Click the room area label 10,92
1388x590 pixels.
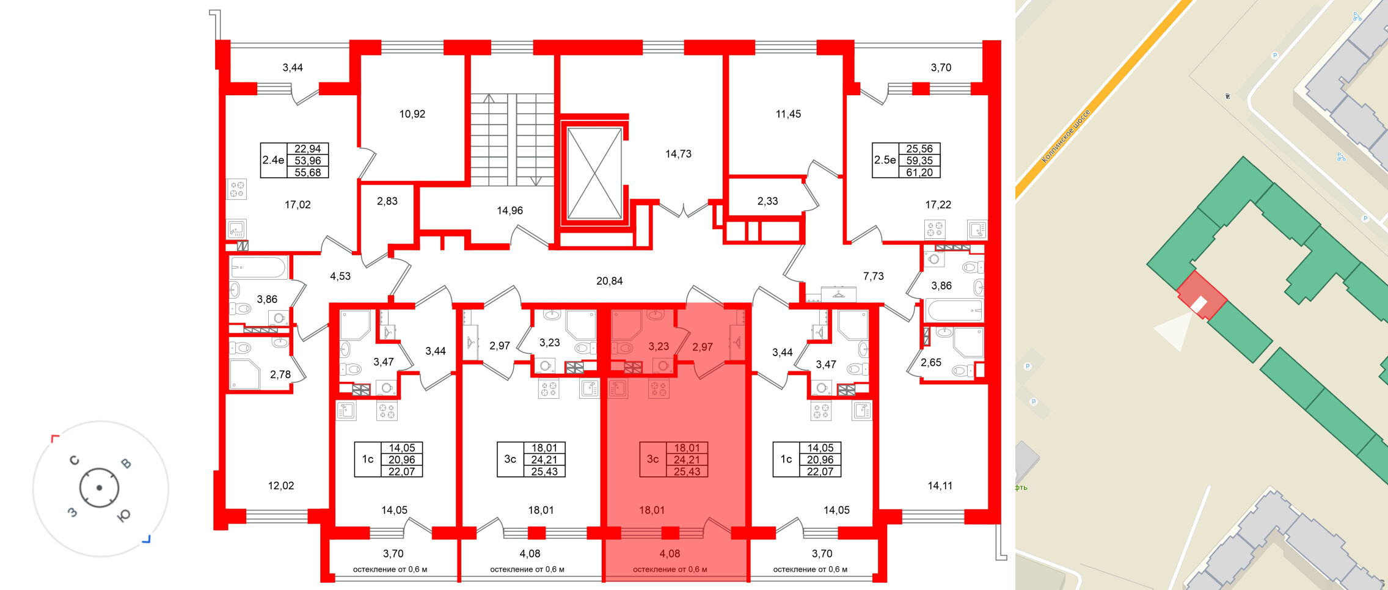[412, 114]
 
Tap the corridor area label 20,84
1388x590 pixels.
[609, 281]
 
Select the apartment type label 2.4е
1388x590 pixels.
[273, 160]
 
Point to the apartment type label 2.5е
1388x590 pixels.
[885, 160]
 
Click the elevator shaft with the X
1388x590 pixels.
[594, 173]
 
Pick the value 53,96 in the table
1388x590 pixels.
[307, 161]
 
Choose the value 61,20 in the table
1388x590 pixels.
[919, 172]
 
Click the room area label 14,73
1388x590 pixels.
[678, 154]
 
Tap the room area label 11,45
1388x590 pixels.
[788, 114]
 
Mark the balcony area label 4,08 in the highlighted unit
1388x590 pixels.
[670, 553]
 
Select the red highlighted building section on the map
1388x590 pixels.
[1201, 296]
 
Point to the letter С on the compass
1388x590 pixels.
[75, 461]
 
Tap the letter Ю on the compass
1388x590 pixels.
[123, 516]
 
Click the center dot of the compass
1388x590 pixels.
[99, 488]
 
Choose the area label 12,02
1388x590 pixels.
[281, 486]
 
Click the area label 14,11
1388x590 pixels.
[940, 486]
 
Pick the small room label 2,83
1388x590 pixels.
[387, 201]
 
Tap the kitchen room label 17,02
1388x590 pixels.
[298, 205]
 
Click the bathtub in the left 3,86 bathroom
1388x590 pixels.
[258, 268]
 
